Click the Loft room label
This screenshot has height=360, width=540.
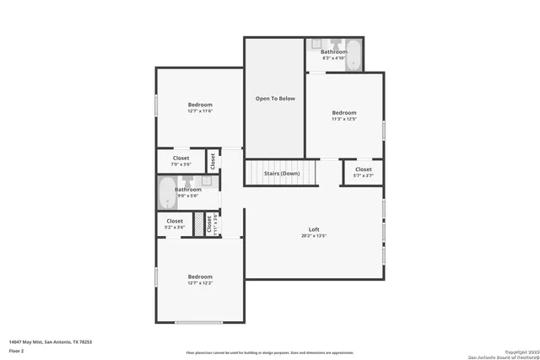point(313,229)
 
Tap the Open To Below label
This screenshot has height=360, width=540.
point(275,99)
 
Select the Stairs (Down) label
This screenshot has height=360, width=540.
point(281,173)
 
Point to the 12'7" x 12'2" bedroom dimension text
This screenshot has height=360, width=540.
point(200,283)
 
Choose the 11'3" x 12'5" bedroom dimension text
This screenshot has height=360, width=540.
point(343,119)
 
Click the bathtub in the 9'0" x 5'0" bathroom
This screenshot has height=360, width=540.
point(167,195)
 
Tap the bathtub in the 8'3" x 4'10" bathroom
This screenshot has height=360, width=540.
point(354,57)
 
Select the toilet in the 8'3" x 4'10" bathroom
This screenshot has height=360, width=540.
point(335,44)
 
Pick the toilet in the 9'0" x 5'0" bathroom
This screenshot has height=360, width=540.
point(187,180)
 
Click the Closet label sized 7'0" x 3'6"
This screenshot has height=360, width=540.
point(181,158)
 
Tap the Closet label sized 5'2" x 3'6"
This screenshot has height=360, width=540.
point(175,221)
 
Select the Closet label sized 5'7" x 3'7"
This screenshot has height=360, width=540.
point(363,169)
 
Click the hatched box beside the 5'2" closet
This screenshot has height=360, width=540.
point(200,224)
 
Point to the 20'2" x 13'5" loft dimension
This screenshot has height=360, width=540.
point(313,236)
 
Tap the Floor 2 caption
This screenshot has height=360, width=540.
point(18,350)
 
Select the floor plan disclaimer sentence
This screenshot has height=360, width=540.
point(270,352)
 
